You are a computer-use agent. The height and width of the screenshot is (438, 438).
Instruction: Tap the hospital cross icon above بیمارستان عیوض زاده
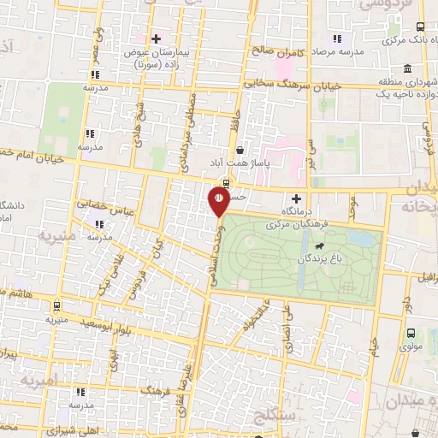156,38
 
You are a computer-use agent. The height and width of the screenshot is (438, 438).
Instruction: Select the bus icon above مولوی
411,334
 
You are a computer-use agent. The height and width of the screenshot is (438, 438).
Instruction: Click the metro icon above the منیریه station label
56,305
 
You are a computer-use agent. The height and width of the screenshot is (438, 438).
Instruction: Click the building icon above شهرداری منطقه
405,68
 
